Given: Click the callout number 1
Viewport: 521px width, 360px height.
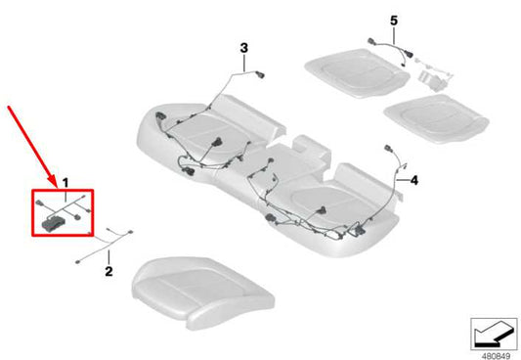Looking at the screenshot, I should pyautogui.click(x=65, y=183).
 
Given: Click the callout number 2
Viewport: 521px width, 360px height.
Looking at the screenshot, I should pyautogui.click(x=109, y=270).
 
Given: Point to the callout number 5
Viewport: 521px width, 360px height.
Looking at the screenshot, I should pyautogui.click(x=394, y=20).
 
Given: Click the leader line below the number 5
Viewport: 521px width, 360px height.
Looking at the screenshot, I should pyautogui.click(x=394, y=32).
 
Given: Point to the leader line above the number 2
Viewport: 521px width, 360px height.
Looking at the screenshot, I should pyautogui.click(x=109, y=257).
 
